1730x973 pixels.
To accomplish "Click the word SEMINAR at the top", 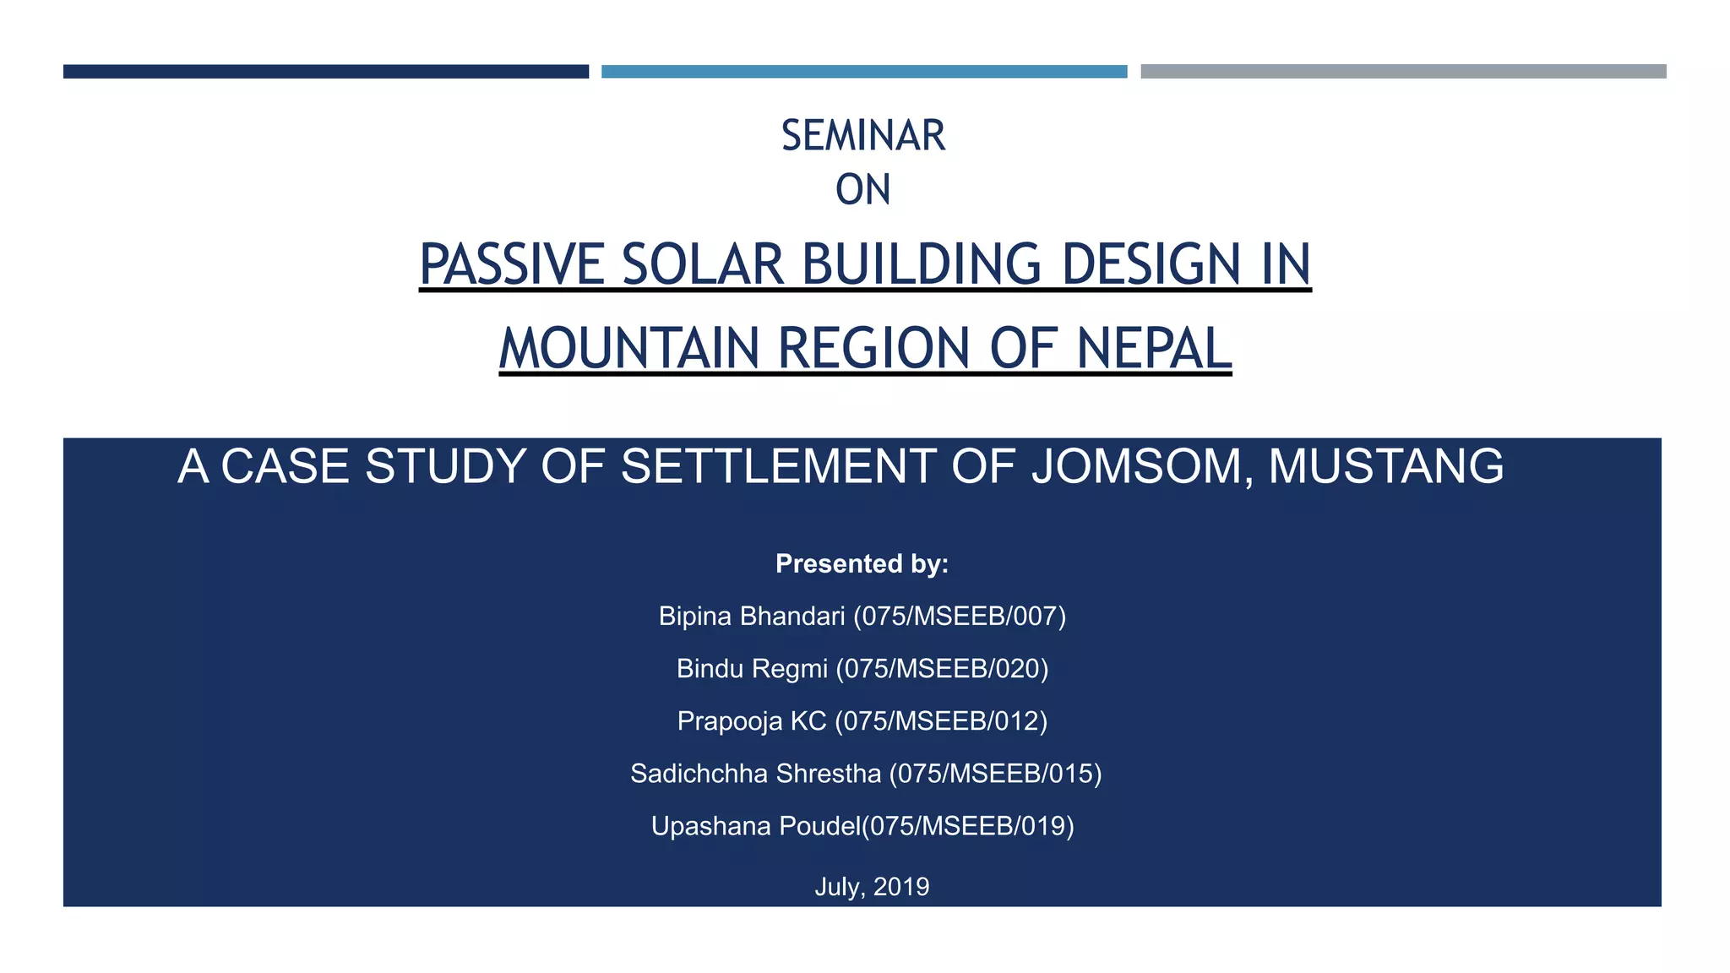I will (862, 136).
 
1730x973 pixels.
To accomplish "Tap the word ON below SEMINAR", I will (862, 190).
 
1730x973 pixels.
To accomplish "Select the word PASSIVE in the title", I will (512, 264).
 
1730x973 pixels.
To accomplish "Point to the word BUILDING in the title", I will (921, 264).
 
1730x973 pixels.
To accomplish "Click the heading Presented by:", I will (862, 563).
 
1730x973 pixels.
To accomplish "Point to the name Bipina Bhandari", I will (751, 617).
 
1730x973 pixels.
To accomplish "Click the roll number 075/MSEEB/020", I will (942, 669).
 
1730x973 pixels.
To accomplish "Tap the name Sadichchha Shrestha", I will (755, 774).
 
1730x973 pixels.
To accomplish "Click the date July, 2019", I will (872, 887).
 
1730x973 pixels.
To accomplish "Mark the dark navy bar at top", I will (325, 72).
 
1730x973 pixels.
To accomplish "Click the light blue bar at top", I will (863, 72).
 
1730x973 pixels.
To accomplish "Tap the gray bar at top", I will (1402, 72).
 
